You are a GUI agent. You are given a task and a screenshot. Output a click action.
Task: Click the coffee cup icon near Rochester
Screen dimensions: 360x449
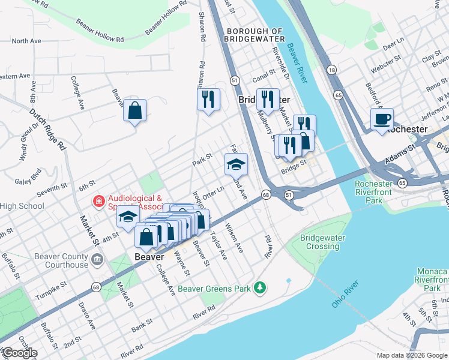[382, 119]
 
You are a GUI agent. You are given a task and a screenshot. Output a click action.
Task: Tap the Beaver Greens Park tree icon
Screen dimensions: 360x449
[259, 289]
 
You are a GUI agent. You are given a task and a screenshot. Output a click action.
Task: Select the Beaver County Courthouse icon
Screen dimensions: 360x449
[97, 260]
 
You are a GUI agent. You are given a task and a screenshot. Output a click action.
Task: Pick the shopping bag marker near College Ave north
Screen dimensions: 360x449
[135, 110]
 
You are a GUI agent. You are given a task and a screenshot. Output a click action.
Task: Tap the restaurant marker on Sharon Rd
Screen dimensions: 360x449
[208, 99]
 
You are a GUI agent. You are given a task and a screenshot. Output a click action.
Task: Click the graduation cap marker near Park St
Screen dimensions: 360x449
[236, 164]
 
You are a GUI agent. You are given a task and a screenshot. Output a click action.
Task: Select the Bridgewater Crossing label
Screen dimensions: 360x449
[323, 242]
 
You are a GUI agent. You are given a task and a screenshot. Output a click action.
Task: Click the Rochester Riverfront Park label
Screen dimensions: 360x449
[378, 193]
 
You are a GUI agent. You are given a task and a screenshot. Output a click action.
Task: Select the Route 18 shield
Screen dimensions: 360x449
[331, 71]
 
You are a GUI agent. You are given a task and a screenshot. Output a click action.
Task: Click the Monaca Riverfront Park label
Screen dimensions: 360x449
[431, 280]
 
